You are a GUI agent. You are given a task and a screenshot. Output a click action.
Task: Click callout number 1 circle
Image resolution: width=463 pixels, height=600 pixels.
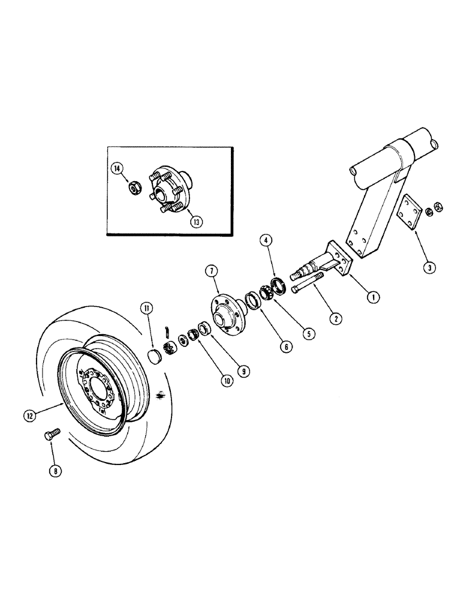[x=374, y=295]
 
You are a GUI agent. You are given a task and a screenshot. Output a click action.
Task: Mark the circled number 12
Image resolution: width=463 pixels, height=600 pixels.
[x=31, y=415]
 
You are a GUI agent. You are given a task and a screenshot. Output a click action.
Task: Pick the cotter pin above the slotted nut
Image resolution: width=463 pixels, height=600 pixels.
[x=170, y=329]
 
